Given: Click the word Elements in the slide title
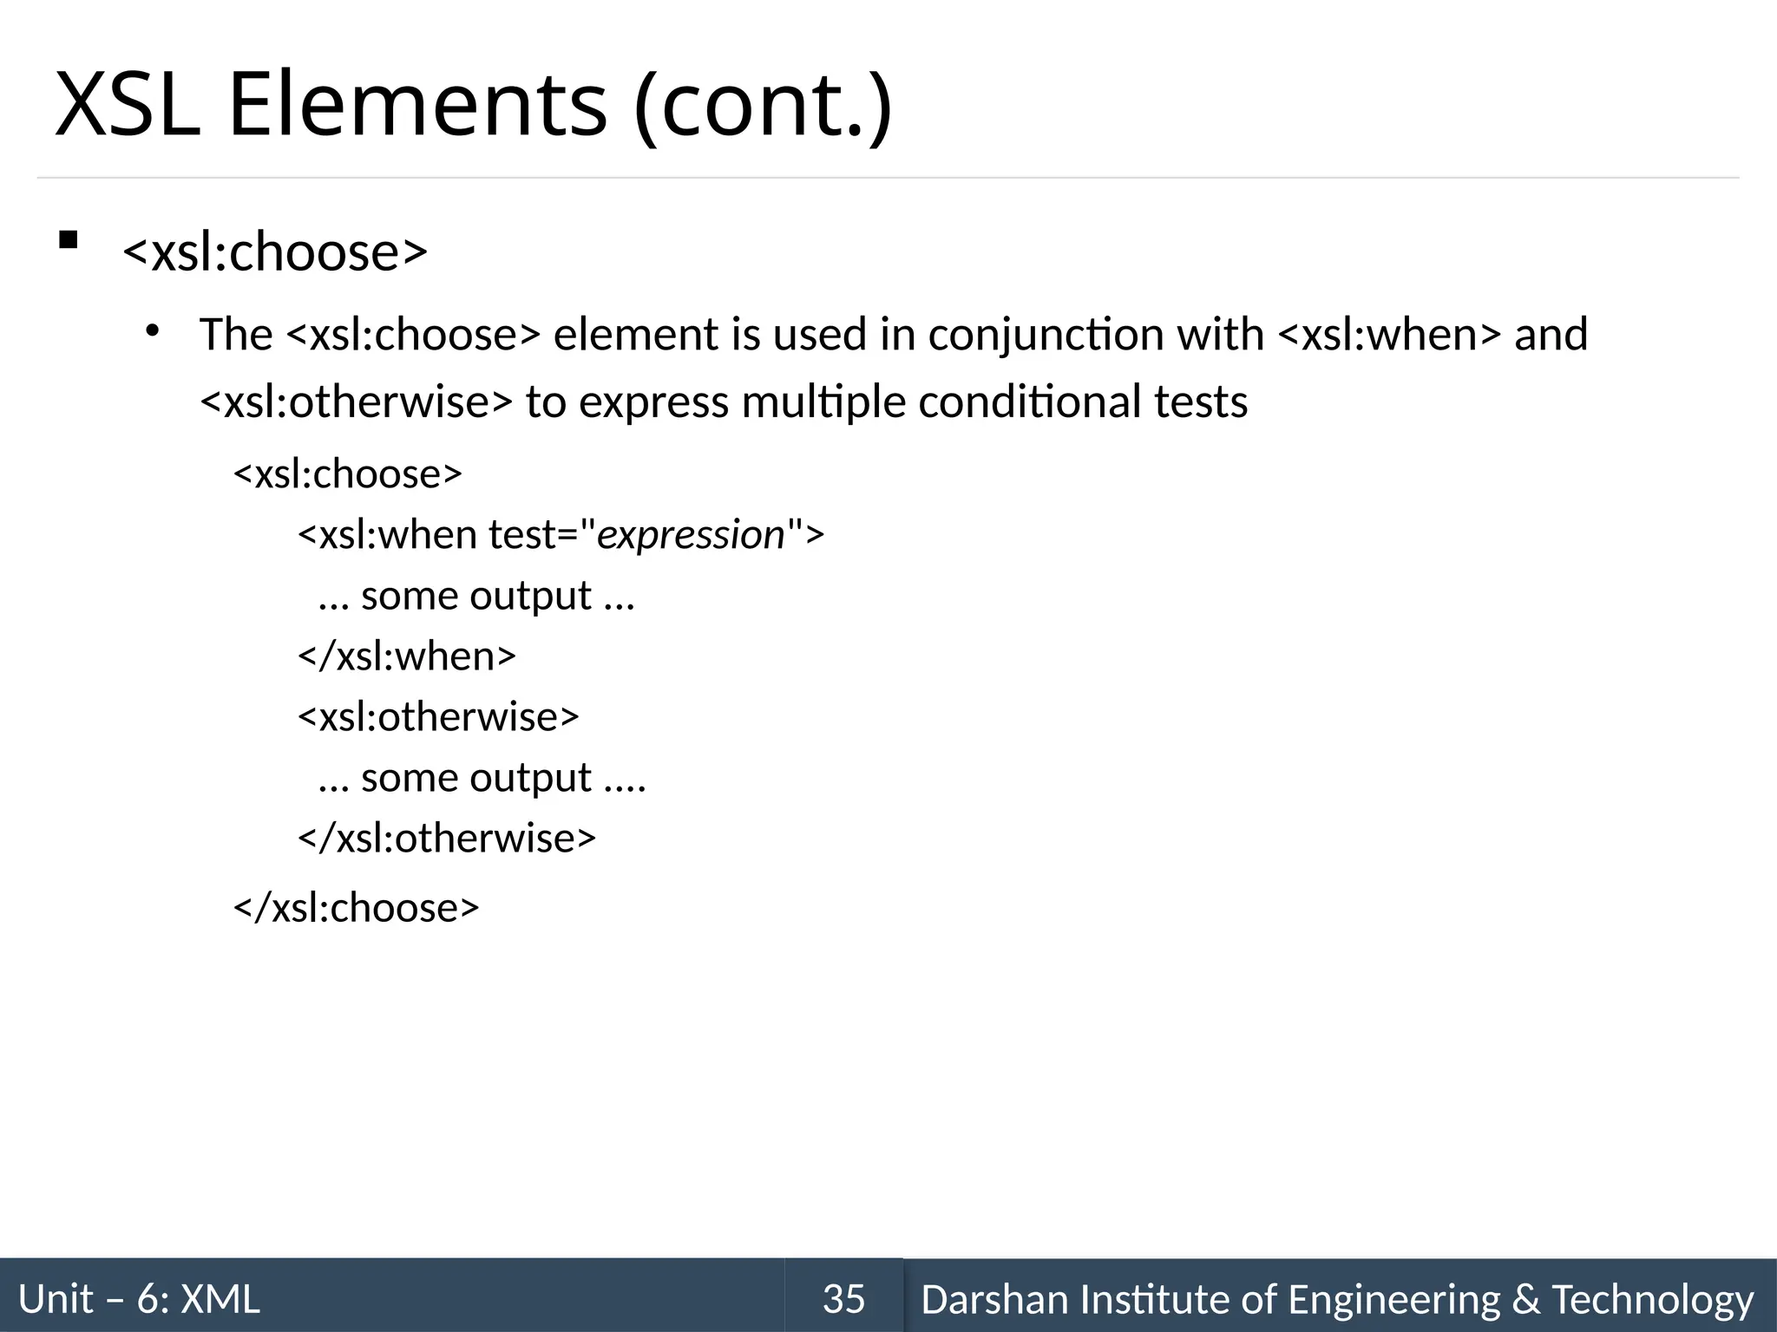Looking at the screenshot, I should pyautogui.click(x=416, y=106).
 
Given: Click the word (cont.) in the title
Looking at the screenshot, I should pyautogui.click(x=763, y=106).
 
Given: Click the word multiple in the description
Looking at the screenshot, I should pyautogui.click(x=823, y=402).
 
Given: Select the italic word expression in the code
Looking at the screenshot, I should pyautogui.click(x=691, y=535).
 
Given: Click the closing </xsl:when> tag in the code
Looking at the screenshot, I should pyautogui.click(x=407, y=656).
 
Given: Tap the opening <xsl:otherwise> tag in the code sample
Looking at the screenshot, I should pyautogui.click(x=438, y=717).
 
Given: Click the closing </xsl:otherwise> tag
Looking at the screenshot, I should pyautogui.click(x=447, y=839).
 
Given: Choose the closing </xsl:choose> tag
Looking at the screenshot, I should pyautogui.click(x=356, y=908).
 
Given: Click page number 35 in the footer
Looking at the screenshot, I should pyautogui.click(x=843, y=1299).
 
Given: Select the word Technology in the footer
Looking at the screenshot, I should pyautogui.click(x=1652, y=1299).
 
